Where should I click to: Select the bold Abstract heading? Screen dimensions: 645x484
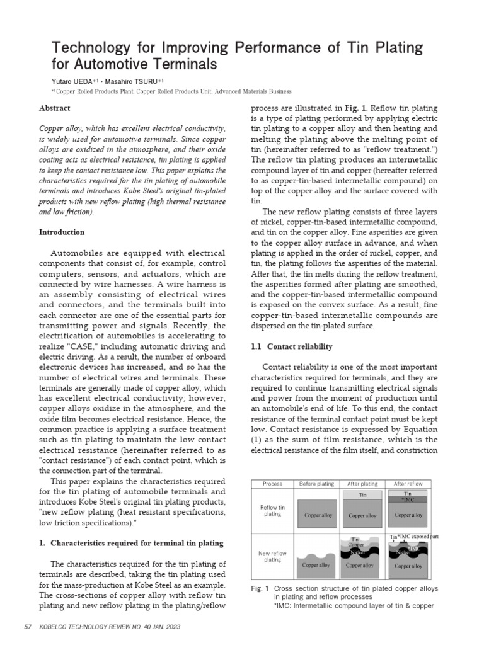click(x=55, y=108)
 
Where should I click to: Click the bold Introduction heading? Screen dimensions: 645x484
click(x=62, y=232)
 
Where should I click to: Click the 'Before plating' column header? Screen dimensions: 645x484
click(x=316, y=484)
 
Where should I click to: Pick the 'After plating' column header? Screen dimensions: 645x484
click(x=362, y=484)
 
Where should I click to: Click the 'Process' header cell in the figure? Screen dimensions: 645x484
click(x=273, y=484)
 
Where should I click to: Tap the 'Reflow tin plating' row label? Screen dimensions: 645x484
click(x=273, y=510)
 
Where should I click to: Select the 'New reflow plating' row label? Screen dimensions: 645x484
click(x=273, y=556)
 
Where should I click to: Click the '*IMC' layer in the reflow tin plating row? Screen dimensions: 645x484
click(x=407, y=499)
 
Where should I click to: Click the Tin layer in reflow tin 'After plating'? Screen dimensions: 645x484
click(x=362, y=495)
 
